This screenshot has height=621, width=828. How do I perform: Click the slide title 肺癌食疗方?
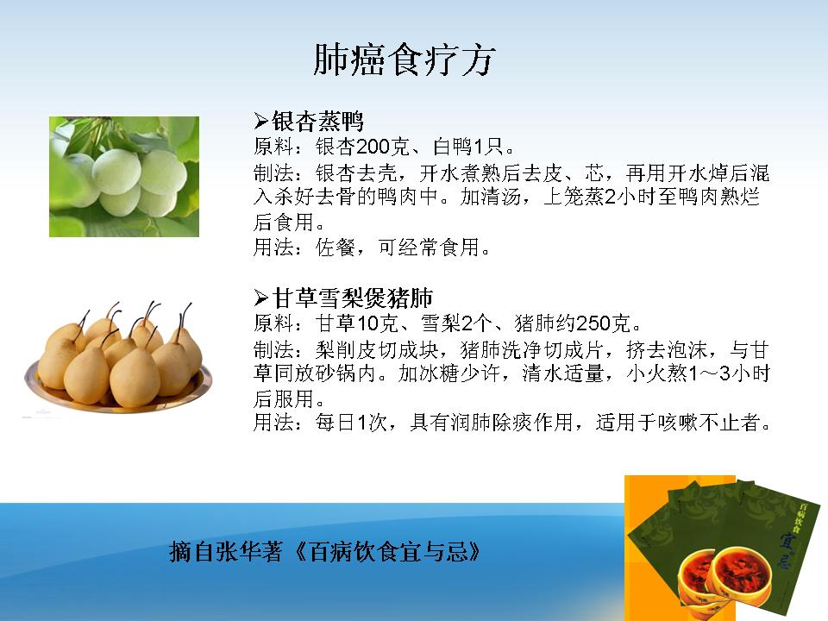pyautogui.click(x=404, y=60)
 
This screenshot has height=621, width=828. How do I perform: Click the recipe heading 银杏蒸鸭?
pyautogui.click(x=317, y=122)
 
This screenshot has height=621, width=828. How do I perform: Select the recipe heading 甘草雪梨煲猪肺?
pyautogui.click(x=352, y=298)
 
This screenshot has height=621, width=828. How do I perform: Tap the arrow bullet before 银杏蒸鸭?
pyautogui.click(x=260, y=122)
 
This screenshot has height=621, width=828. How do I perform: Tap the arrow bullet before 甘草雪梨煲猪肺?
pyautogui.click(x=260, y=298)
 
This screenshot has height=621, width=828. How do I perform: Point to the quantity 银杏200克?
pyautogui.click(x=362, y=147)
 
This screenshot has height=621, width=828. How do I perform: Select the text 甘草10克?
pyautogui.click(x=356, y=323)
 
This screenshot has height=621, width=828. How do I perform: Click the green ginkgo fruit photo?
pyautogui.click(x=124, y=176)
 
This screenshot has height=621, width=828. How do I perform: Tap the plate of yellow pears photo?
pyautogui.click(x=118, y=358)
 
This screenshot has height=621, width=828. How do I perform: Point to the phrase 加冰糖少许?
pyautogui.click(x=448, y=373)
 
